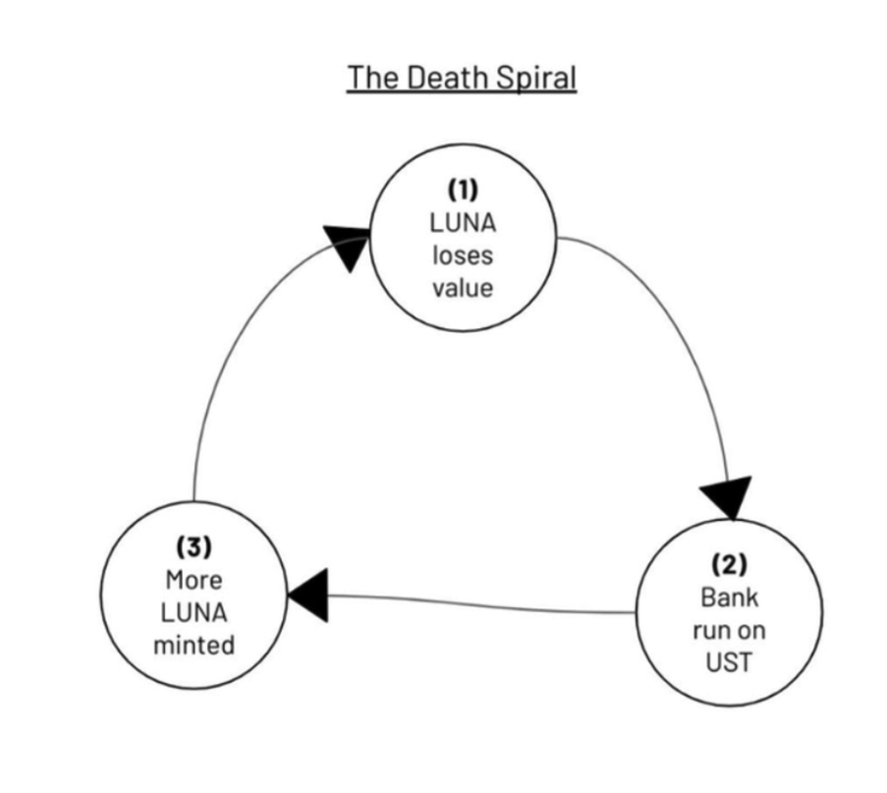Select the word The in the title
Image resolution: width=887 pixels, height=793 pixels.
370,78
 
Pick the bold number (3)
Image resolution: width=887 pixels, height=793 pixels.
194,545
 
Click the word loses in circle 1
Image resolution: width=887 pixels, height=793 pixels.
463,256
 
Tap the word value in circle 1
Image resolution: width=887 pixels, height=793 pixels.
463,290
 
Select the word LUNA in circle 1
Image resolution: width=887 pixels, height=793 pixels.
463,223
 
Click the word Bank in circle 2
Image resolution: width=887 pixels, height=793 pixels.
729,596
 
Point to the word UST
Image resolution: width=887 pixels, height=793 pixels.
729,661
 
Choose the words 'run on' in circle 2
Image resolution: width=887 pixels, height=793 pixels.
729,629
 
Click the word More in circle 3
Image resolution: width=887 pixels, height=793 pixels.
194,579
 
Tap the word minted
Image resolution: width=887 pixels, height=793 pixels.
194,646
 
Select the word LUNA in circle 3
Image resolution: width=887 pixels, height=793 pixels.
194,612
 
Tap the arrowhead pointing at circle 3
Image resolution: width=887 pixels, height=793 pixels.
308,595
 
